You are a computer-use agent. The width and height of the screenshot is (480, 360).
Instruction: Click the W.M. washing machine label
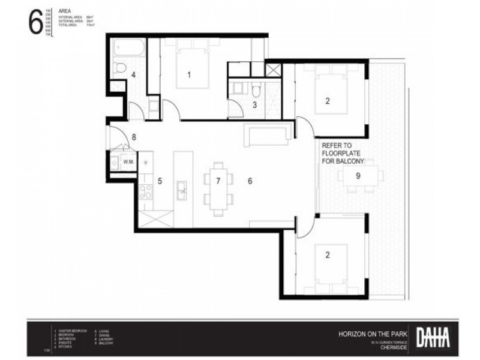click(128, 162)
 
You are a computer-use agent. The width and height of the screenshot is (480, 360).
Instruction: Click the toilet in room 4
click(119, 66)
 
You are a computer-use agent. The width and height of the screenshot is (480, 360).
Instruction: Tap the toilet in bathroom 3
click(256, 91)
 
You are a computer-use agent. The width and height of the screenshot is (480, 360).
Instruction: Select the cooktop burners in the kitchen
click(146, 191)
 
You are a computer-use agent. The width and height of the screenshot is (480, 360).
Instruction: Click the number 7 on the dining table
click(218, 180)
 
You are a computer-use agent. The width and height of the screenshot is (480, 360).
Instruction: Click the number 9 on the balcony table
click(358, 176)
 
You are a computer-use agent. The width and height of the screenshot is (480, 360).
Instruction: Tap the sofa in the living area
click(268, 134)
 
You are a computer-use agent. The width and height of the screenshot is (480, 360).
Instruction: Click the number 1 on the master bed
click(189, 75)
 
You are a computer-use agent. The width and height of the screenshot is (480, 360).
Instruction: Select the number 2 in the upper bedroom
click(328, 101)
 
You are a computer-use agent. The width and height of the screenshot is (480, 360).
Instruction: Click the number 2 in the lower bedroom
click(328, 255)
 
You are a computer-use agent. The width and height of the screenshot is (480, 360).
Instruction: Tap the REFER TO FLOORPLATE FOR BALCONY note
click(341, 153)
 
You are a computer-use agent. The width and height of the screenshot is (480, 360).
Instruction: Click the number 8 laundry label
click(134, 137)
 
